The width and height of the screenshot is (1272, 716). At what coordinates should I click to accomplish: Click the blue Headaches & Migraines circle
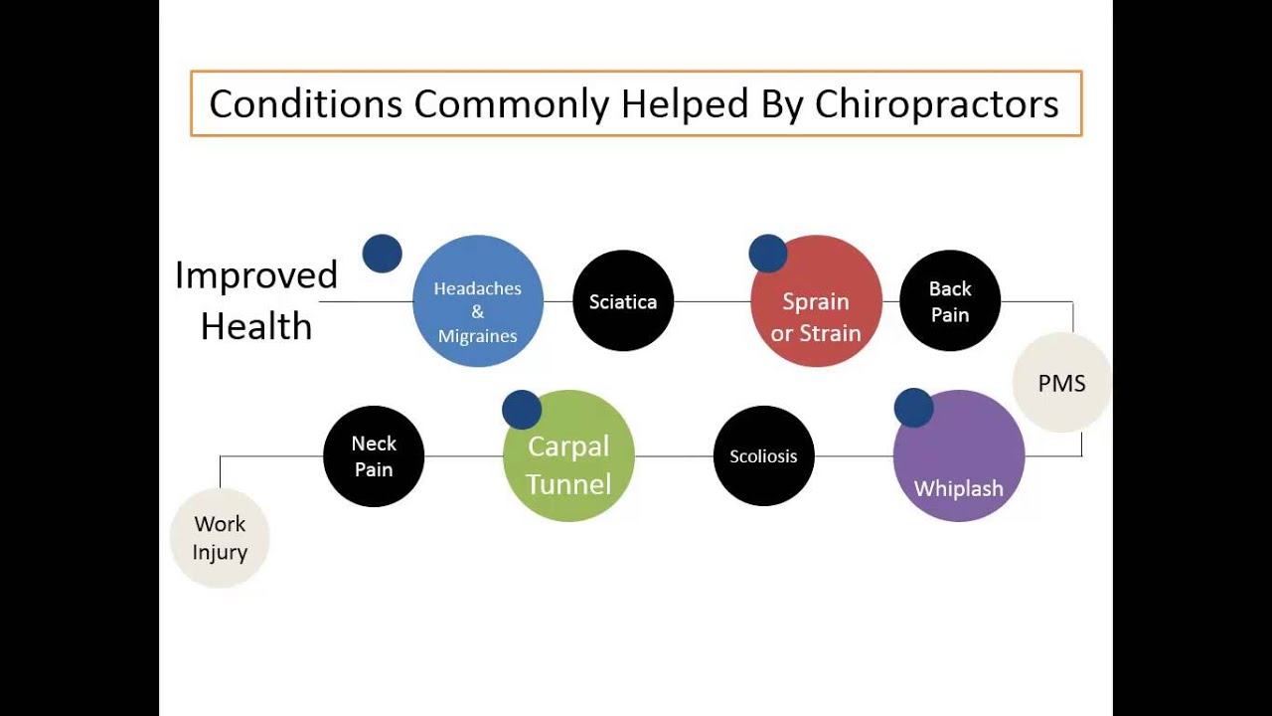[x=478, y=301]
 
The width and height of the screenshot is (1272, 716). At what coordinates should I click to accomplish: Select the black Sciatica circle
[x=623, y=301]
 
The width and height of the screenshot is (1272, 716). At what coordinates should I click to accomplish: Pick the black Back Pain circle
[x=950, y=301]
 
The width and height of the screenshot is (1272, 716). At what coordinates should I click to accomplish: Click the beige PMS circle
[x=1061, y=383]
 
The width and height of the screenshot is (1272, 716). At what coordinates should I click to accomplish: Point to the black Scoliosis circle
[x=763, y=456]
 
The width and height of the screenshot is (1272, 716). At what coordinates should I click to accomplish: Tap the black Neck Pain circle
[x=374, y=456]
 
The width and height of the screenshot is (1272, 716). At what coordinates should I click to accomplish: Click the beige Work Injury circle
[x=220, y=538]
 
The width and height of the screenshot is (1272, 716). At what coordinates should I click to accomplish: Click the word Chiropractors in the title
[x=937, y=103]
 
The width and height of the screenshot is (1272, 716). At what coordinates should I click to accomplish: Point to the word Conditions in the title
[x=305, y=103]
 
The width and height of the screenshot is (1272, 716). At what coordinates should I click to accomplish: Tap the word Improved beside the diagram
[x=256, y=275]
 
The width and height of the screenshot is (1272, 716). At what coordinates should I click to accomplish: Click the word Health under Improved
[x=256, y=326]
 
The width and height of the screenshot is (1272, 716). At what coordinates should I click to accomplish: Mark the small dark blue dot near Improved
[x=383, y=254]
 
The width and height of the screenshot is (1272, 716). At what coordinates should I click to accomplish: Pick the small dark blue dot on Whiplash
[x=913, y=408]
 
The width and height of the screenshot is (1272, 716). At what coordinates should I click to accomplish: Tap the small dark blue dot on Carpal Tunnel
[x=522, y=410]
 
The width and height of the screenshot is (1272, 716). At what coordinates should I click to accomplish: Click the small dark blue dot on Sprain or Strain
[x=768, y=254]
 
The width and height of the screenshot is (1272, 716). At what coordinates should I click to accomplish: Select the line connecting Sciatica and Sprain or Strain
[x=712, y=301]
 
